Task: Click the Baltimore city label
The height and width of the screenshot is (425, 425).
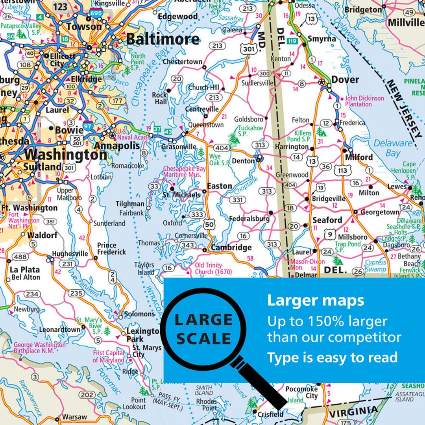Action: click(163, 39)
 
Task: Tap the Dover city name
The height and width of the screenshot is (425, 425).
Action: click(345, 80)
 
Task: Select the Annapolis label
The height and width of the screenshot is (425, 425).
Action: click(117, 146)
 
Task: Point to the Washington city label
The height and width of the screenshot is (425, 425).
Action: click(66, 155)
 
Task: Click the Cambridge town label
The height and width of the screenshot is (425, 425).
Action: click(231, 248)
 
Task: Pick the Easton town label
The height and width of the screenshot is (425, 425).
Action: click(220, 186)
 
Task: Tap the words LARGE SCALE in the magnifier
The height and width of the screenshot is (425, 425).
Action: click(203, 329)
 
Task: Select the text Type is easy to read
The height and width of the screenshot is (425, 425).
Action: click(333, 357)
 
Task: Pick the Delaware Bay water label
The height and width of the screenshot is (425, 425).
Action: click(393, 148)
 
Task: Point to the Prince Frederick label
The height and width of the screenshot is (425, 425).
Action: click(112, 249)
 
